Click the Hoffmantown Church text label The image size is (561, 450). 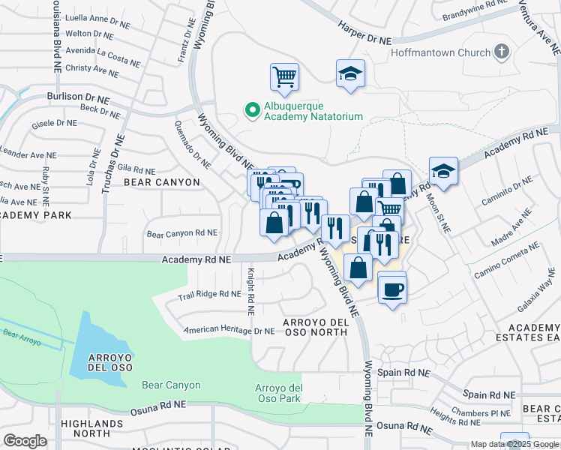tap(439, 52)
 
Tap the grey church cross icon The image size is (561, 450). tap(502, 52)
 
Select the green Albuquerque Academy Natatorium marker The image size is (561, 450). tap(252, 110)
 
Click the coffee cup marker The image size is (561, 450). tap(391, 289)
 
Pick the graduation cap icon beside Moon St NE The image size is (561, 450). tap(443, 171)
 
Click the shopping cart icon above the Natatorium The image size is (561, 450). tap(284, 76)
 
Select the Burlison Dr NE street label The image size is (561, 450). tap(78, 97)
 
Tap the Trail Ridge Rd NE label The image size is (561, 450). tap(208, 295)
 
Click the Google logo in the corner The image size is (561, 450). tap(25, 440)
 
